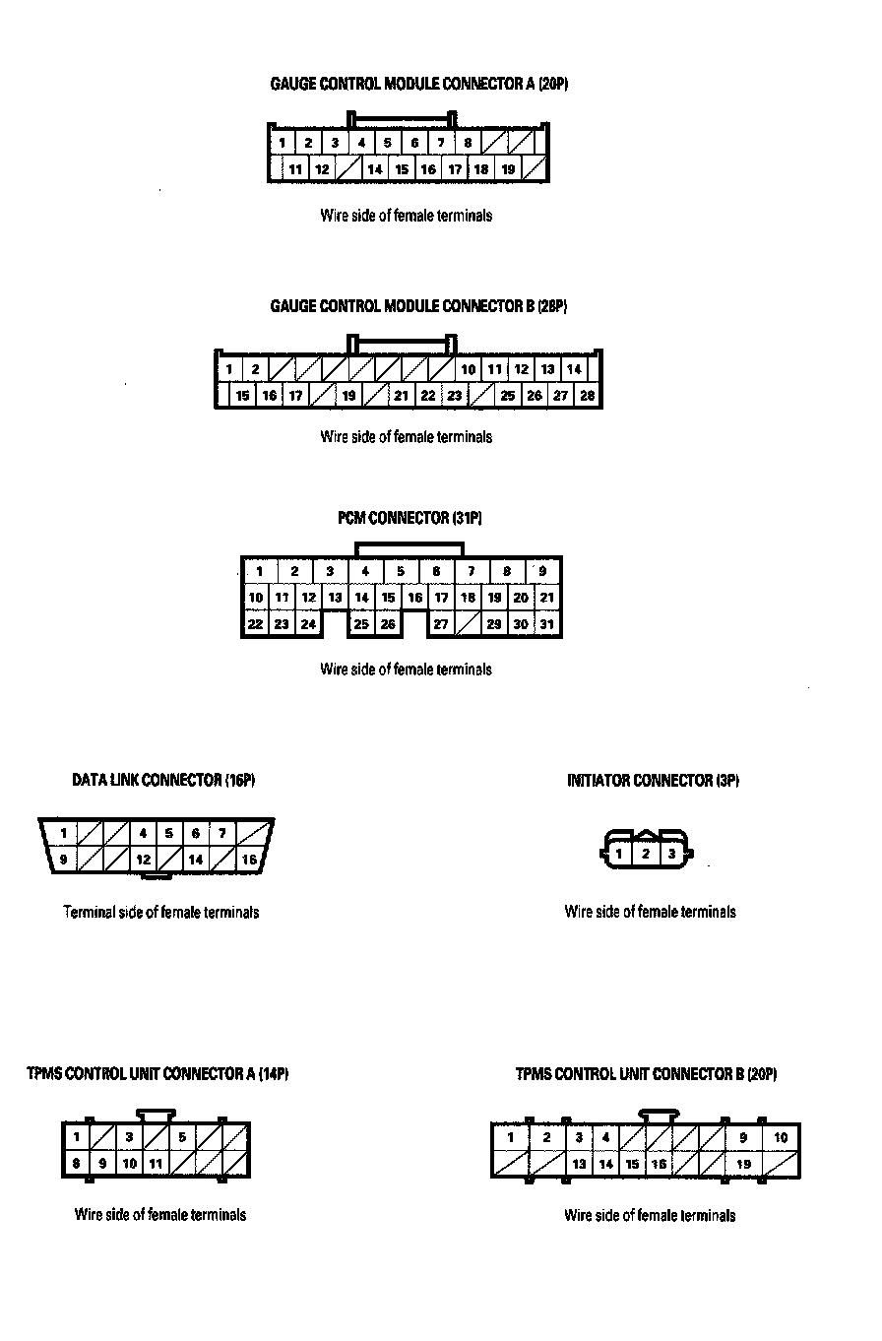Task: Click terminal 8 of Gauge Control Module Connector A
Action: (x=469, y=143)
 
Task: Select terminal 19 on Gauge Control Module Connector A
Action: (x=508, y=169)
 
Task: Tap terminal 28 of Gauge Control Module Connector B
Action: (x=588, y=396)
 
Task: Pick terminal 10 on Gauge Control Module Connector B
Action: (x=469, y=370)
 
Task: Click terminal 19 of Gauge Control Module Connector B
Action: (x=348, y=396)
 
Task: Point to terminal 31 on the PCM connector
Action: (x=547, y=624)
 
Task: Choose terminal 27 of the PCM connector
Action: (x=441, y=624)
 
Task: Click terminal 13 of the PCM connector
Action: (x=335, y=598)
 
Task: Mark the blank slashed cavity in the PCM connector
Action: (x=468, y=624)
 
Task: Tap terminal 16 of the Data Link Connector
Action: (x=249, y=860)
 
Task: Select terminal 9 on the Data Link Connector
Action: (x=63, y=860)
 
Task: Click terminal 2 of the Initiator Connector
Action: (x=646, y=854)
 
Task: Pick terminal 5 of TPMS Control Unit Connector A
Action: (x=182, y=1137)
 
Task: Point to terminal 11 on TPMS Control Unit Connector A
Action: (x=156, y=1164)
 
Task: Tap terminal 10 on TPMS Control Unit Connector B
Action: (x=781, y=1138)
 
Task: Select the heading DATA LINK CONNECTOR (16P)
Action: (x=163, y=781)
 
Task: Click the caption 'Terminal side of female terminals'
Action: (x=161, y=913)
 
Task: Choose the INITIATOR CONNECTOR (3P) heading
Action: (x=653, y=781)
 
